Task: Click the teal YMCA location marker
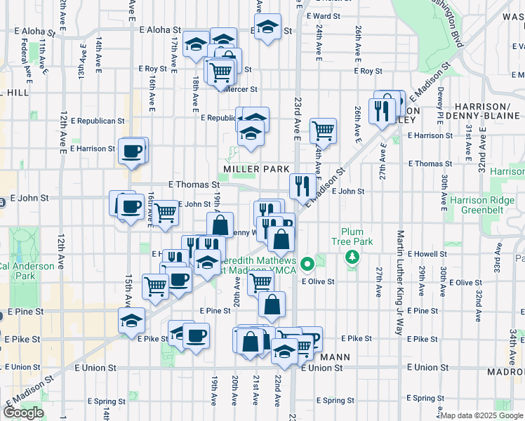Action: click(x=307, y=265)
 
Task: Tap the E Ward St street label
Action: click(x=323, y=15)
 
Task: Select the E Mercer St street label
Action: click(x=241, y=90)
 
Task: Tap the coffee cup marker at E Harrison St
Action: click(x=132, y=151)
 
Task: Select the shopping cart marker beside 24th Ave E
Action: click(x=323, y=130)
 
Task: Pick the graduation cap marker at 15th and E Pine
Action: click(x=131, y=320)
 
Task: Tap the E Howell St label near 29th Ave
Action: click(x=426, y=253)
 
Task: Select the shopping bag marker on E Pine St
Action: click(x=272, y=305)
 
